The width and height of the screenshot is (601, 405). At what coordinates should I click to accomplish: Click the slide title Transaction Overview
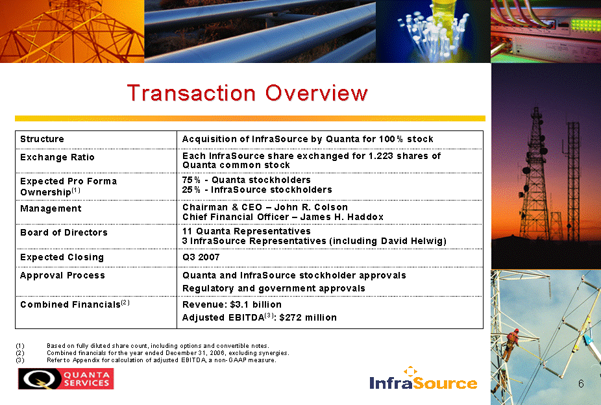[247, 93]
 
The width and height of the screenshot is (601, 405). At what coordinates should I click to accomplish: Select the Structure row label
[42, 139]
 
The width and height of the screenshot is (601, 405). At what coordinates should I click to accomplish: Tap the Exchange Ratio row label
[57, 157]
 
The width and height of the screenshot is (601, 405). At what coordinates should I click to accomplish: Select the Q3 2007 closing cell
[201, 257]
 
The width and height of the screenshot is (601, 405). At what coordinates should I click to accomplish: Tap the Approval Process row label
[62, 275]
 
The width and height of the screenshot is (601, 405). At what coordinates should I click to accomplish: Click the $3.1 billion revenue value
[256, 304]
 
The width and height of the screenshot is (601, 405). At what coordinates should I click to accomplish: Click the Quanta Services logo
[66, 378]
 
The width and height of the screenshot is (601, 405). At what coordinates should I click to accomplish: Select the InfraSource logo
[424, 379]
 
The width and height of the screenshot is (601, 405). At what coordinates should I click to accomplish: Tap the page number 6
[581, 384]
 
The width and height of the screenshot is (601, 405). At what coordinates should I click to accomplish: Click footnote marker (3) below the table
[20, 360]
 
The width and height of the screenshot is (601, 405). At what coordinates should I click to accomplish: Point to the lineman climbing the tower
[511, 344]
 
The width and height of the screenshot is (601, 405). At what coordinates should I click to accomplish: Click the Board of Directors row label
[64, 232]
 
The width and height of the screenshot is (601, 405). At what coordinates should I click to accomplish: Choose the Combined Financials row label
[75, 304]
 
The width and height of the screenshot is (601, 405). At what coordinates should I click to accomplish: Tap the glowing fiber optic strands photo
[433, 31]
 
